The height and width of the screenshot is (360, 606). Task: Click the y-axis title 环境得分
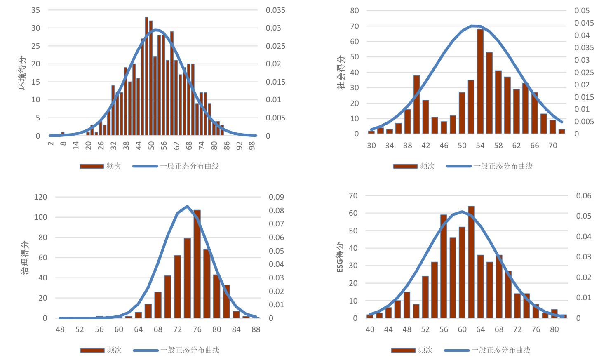22,73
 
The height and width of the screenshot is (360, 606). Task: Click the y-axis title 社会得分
341,73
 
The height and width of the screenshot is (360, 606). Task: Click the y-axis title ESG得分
340,257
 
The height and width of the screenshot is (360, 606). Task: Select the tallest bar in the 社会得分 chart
480,81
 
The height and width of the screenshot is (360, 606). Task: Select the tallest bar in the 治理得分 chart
197,264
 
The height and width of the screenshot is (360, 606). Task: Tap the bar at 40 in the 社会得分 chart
416,104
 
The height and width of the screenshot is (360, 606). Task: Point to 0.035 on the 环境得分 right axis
275,10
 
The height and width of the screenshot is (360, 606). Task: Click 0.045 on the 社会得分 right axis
584,23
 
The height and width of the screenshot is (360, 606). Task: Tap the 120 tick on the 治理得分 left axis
40,197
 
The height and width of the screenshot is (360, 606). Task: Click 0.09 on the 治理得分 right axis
276,197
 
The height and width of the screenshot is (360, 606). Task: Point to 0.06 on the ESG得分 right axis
583,195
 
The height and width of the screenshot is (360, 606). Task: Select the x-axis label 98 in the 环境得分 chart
252,146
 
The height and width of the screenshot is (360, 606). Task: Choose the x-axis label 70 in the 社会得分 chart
552,145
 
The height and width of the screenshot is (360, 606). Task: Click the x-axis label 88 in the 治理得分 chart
256,329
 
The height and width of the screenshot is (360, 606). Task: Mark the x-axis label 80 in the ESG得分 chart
554,329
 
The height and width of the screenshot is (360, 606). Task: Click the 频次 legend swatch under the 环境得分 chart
92,166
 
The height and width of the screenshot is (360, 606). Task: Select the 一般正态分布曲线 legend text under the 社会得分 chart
503,166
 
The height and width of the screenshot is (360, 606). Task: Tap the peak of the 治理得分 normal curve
187,206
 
